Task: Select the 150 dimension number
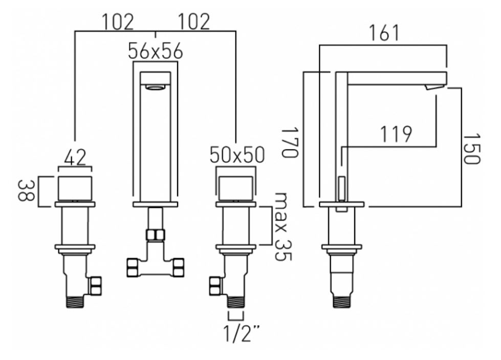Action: (x=471, y=149)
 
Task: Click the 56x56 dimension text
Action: (x=155, y=51)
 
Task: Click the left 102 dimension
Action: (x=117, y=22)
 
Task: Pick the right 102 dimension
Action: (x=194, y=22)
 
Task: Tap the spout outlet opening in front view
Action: (x=155, y=88)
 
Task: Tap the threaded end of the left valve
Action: (x=75, y=300)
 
